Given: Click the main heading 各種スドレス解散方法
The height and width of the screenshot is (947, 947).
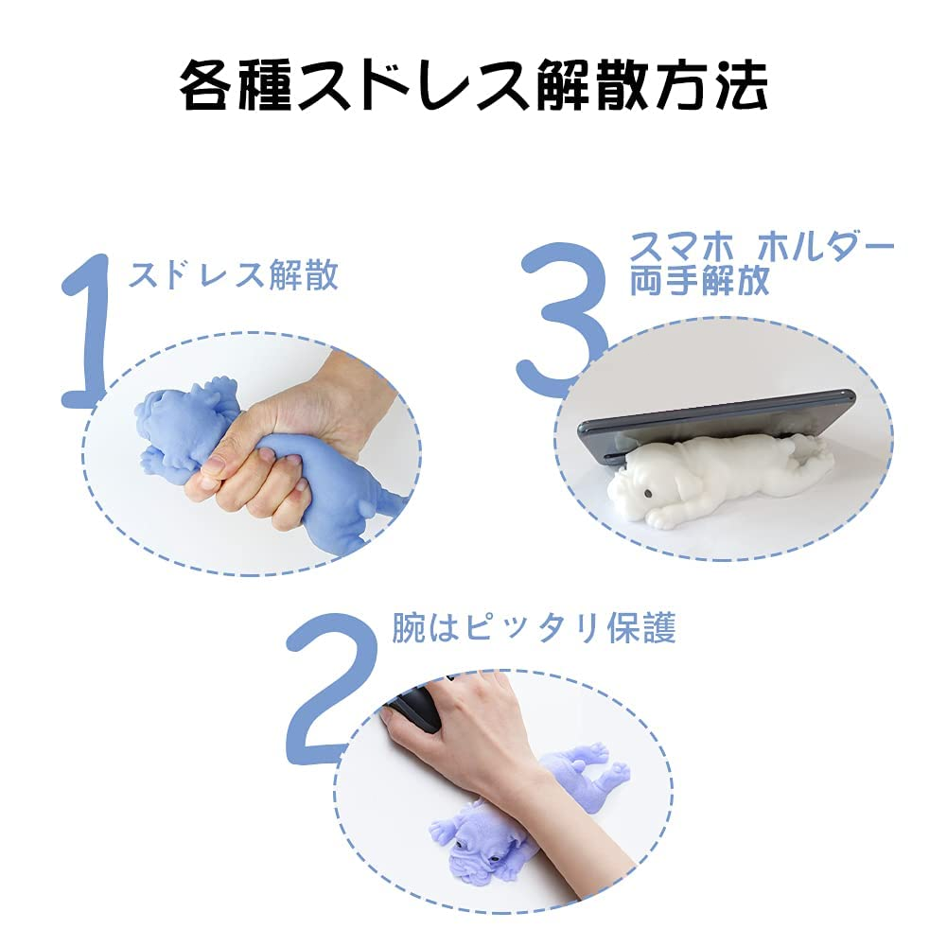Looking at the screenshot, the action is pyautogui.click(x=473, y=84).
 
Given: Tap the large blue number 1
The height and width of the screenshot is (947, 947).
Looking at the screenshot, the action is pyautogui.click(x=88, y=329).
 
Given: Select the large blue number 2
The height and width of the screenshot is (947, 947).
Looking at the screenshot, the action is pyautogui.click(x=331, y=687).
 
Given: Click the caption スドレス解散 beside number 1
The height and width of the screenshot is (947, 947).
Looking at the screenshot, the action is pyautogui.click(x=233, y=274).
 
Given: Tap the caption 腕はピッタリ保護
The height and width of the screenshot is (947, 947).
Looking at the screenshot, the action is pyautogui.click(x=534, y=628).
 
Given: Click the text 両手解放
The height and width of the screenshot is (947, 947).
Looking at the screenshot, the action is pyautogui.click(x=699, y=280).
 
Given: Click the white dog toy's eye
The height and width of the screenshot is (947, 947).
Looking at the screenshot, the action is pyautogui.click(x=647, y=493).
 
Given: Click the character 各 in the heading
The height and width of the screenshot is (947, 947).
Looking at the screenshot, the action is pyautogui.click(x=206, y=84).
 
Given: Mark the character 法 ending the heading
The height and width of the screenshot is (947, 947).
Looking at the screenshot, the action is pyautogui.click(x=742, y=84).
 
